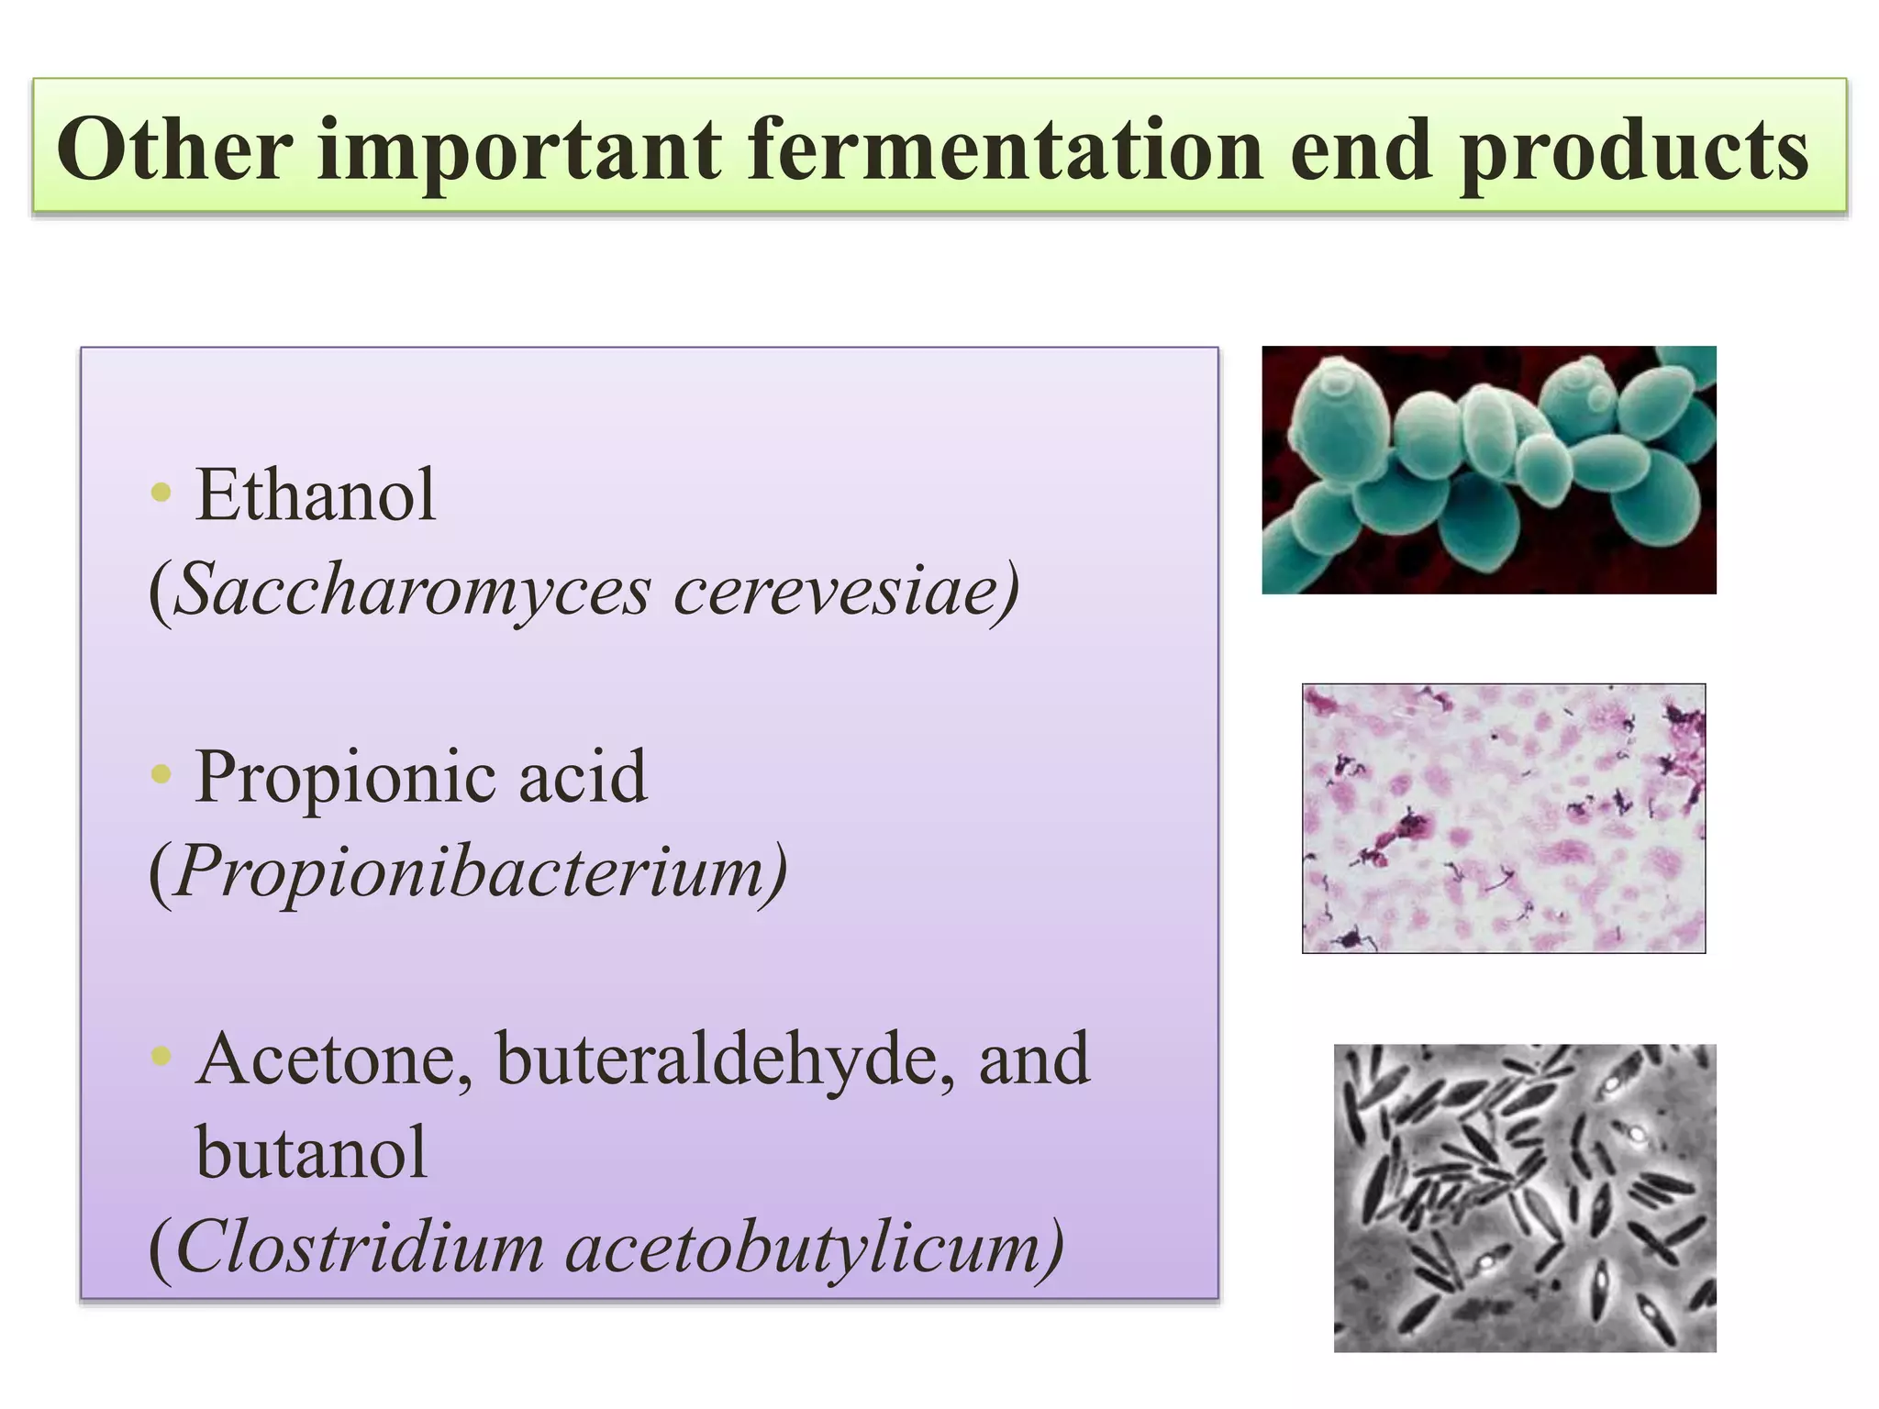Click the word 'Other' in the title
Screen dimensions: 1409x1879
[174, 150]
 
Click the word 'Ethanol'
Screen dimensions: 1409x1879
[315, 495]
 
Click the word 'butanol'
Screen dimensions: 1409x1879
[311, 1153]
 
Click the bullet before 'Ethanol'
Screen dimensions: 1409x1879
[161, 493]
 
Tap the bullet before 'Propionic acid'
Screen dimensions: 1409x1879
[161, 774]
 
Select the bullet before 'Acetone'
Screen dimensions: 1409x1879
[161, 1056]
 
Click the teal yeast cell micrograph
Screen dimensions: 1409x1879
[1488, 470]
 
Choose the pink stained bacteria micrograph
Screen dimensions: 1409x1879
[1503, 818]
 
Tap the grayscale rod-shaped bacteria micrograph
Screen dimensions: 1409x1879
[1524, 1197]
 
